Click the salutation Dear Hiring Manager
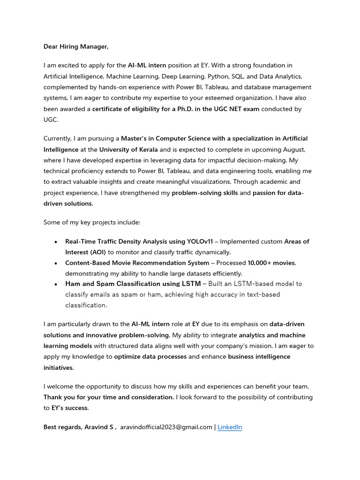pyautogui.click(x=76, y=46)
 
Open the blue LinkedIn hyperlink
pyautogui.click(x=230, y=427)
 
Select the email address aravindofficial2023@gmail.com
pyautogui.click(x=166, y=427)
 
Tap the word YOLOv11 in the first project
pyautogui.click(x=200, y=241)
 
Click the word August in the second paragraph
pyautogui.click(x=293, y=150)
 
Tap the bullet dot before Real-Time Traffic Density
pyautogui.click(x=56, y=242)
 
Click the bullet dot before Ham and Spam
pyautogui.click(x=56, y=284)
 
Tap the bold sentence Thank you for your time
pyautogui.click(x=109, y=397)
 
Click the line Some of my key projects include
pyautogui.click(x=92, y=222)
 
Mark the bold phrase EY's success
pyautogui.click(x=70, y=408)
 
